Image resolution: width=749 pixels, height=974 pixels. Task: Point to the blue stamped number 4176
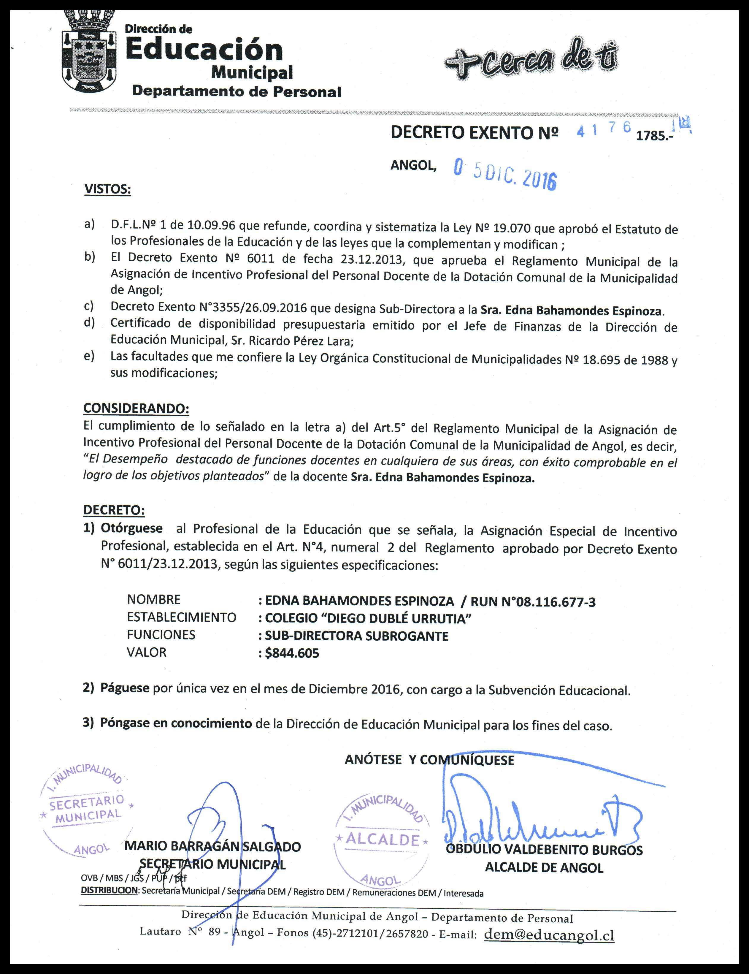pyautogui.click(x=604, y=130)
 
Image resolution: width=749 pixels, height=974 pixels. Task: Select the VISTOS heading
pyautogui.click(x=107, y=189)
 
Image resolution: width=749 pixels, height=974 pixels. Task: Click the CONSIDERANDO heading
pyautogui.click(x=136, y=408)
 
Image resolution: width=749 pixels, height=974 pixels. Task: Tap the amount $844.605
pyautogui.click(x=292, y=654)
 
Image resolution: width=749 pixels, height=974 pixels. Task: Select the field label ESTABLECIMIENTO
pyautogui.click(x=181, y=618)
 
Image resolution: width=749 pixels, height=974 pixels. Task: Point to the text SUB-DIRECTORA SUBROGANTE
pyautogui.click(x=357, y=636)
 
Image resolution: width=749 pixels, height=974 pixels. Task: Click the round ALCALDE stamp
pyautogui.click(x=382, y=840)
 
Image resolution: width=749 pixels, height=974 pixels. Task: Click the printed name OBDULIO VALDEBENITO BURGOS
pyautogui.click(x=544, y=850)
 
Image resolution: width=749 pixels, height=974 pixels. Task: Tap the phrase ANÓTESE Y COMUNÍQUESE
pyautogui.click(x=429, y=760)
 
